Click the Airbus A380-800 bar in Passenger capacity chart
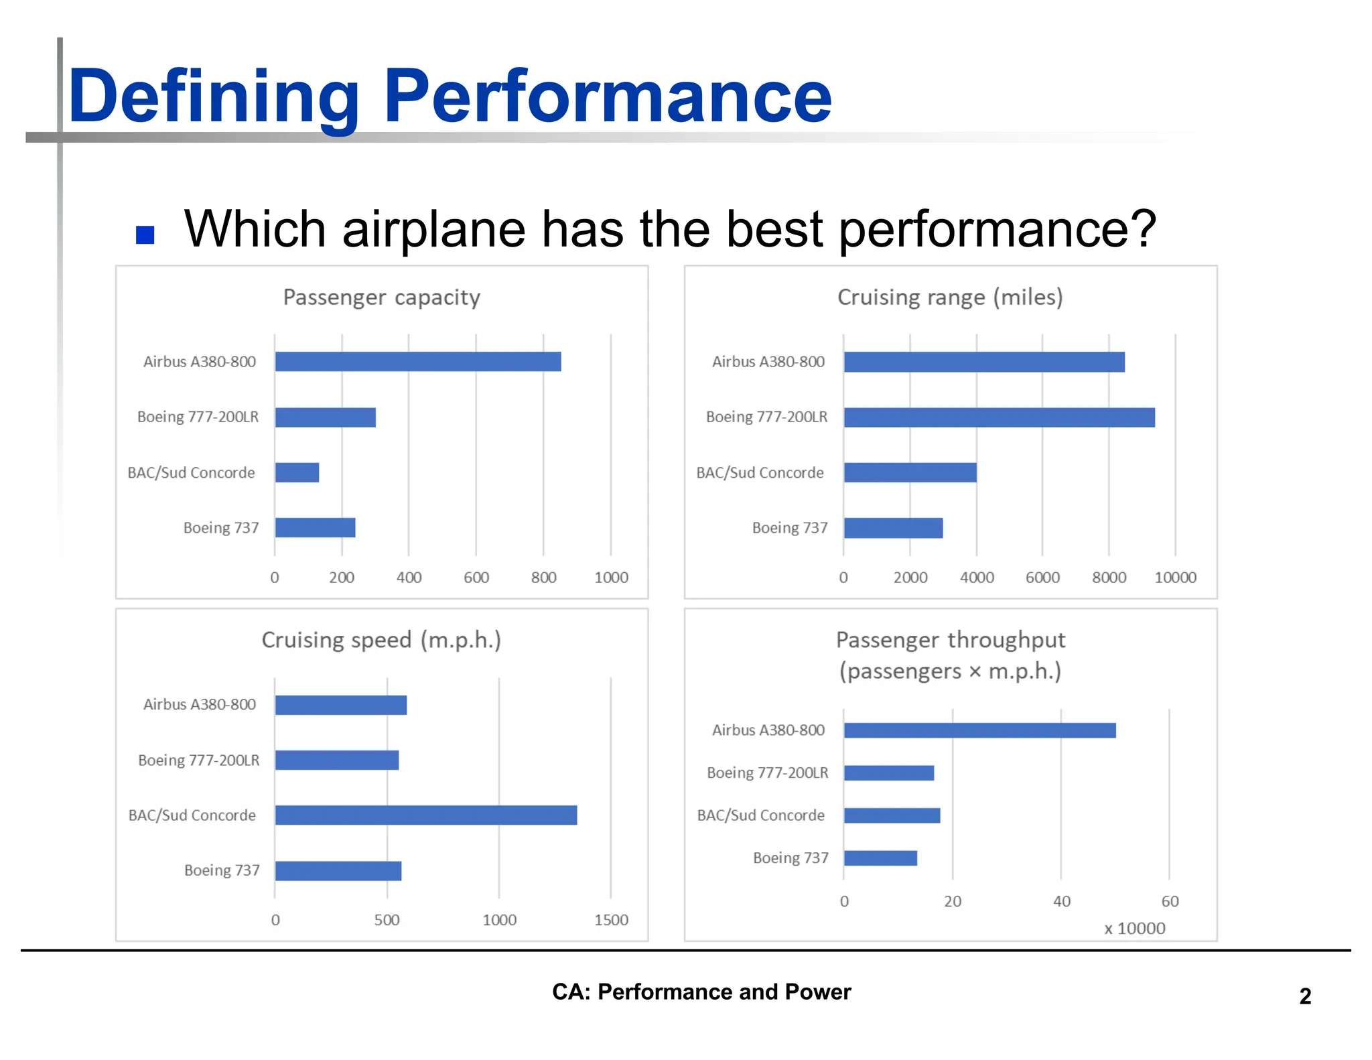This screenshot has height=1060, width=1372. [x=417, y=362]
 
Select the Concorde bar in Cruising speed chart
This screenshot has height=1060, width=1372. [x=425, y=815]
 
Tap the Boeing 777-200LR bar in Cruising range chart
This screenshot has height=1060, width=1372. [x=999, y=417]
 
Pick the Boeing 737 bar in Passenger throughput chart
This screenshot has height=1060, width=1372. [x=880, y=858]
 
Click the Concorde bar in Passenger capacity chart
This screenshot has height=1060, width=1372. [x=297, y=473]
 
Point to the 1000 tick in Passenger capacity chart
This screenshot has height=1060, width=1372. [x=611, y=578]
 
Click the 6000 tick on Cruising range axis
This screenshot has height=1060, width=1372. [x=1042, y=578]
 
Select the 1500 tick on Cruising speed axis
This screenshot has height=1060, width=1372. [x=611, y=921]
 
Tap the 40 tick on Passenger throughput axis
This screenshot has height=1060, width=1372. [x=1061, y=902]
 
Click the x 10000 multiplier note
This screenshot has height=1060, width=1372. [x=1135, y=929]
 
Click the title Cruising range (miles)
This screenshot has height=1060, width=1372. [x=950, y=297]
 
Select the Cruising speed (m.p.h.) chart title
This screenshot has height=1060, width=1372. [x=381, y=641]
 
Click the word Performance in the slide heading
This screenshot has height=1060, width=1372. [x=608, y=97]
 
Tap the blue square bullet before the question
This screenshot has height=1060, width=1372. [x=145, y=235]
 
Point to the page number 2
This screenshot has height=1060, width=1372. [x=1305, y=996]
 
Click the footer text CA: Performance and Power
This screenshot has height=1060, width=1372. [x=701, y=992]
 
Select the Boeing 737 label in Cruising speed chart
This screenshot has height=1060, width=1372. [x=222, y=870]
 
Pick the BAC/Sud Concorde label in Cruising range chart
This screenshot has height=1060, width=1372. [x=760, y=473]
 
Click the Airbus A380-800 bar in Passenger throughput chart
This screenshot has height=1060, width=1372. [x=979, y=731]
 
